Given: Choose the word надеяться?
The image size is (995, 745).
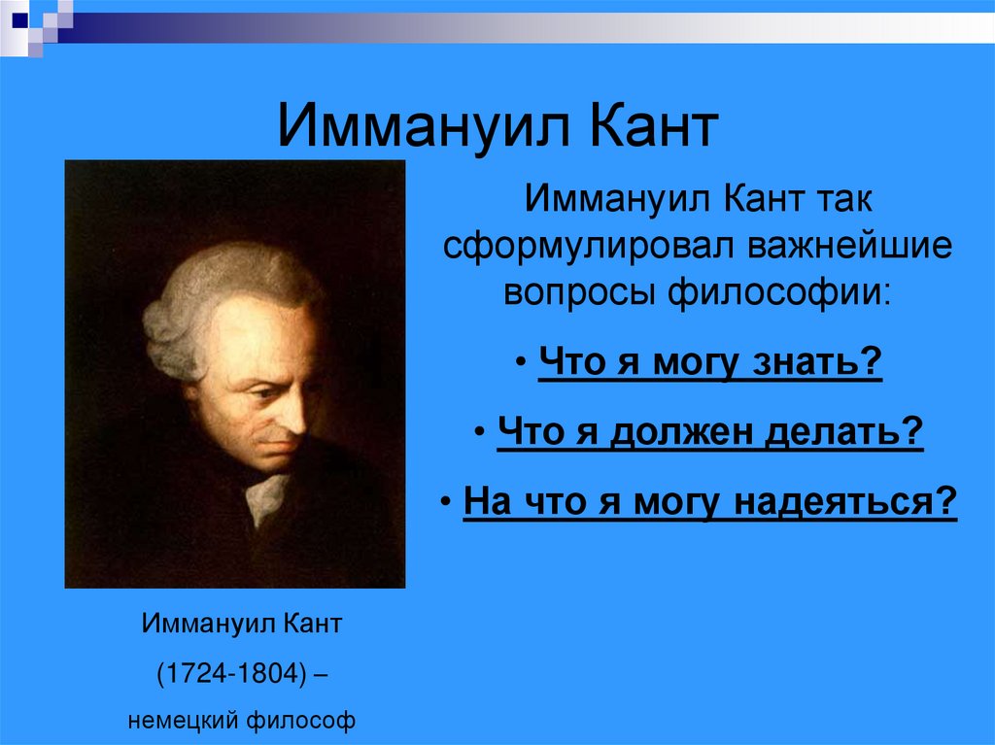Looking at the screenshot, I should tap(846, 503).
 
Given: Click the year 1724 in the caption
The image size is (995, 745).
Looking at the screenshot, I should tap(186, 672).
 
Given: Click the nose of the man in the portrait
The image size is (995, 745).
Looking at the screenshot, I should tap(287, 412).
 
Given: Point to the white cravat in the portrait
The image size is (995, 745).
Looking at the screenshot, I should tap(265, 495).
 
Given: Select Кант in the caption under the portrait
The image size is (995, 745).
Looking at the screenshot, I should tap(313, 623).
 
